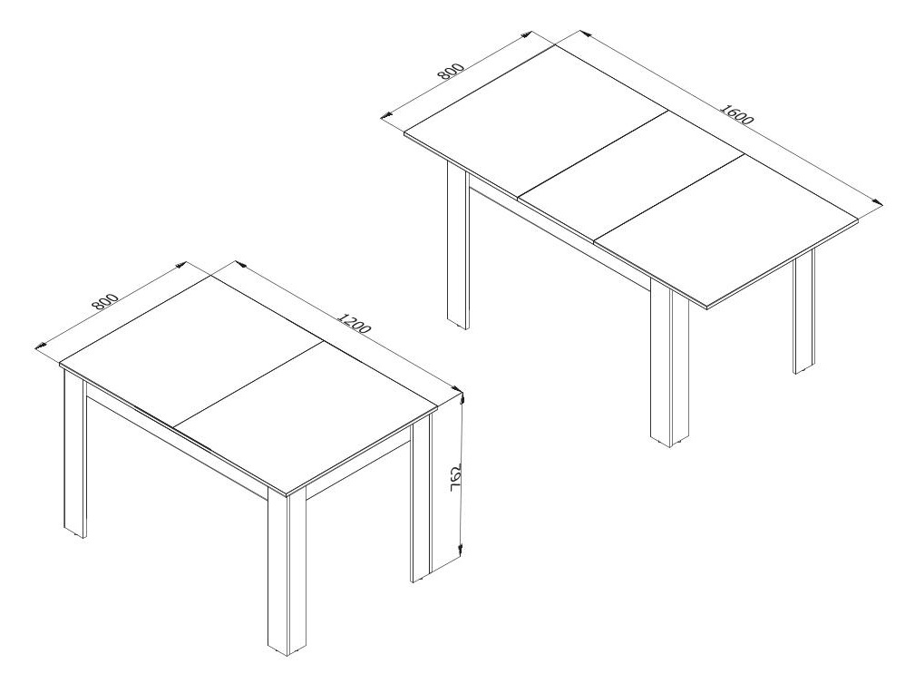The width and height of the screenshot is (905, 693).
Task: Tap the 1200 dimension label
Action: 353,323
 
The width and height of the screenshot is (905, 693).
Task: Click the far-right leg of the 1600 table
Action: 803,313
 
